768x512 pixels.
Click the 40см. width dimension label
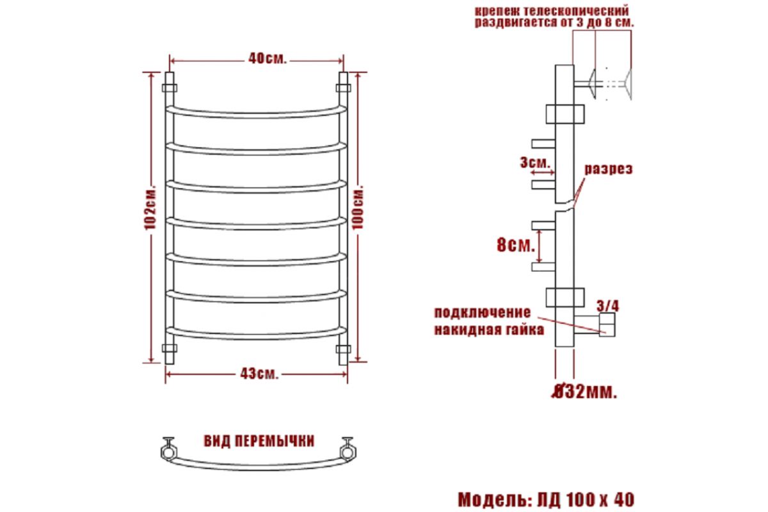(267, 59)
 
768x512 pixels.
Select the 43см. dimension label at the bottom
(259, 374)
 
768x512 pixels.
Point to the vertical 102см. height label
(150, 208)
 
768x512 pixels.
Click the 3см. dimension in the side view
(534, 163)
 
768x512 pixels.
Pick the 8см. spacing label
(516, 245)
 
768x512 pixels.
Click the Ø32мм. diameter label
(585, 392)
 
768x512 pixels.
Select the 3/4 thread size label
(608, 306)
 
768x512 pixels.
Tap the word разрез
(608, 170)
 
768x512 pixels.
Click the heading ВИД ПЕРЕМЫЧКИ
(259, 441)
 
